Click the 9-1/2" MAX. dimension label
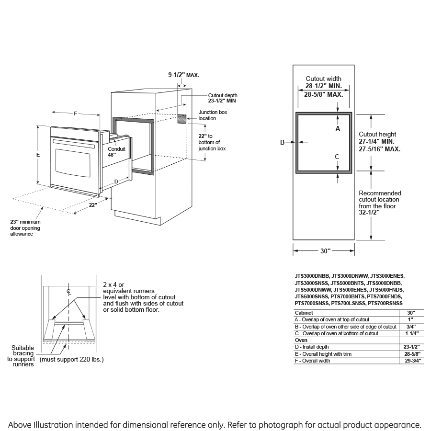[x=183, y=75]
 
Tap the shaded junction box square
[x=181, y=119]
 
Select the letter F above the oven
[x=76, y=113]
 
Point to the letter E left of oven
[x=38, y=155]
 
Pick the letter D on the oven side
[x=116, y=181]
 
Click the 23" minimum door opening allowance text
[x=25, y=227]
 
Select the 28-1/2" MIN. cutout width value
[x=323, y=86]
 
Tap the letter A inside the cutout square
[x=338, y=129]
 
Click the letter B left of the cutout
[x=283, y=142]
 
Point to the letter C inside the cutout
[x=337, y=157]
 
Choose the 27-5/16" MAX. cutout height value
[x=379, y=149]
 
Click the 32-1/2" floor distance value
[x=369, y=213]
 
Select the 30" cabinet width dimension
[x=325, y=251]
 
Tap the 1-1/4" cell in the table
[x=410, y=333]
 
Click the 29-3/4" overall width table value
[x=410, y=361]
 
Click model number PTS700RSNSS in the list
[x=385, y=303]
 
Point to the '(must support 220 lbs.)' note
[x=71, y=359]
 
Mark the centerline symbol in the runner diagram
[x=69, y=292]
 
